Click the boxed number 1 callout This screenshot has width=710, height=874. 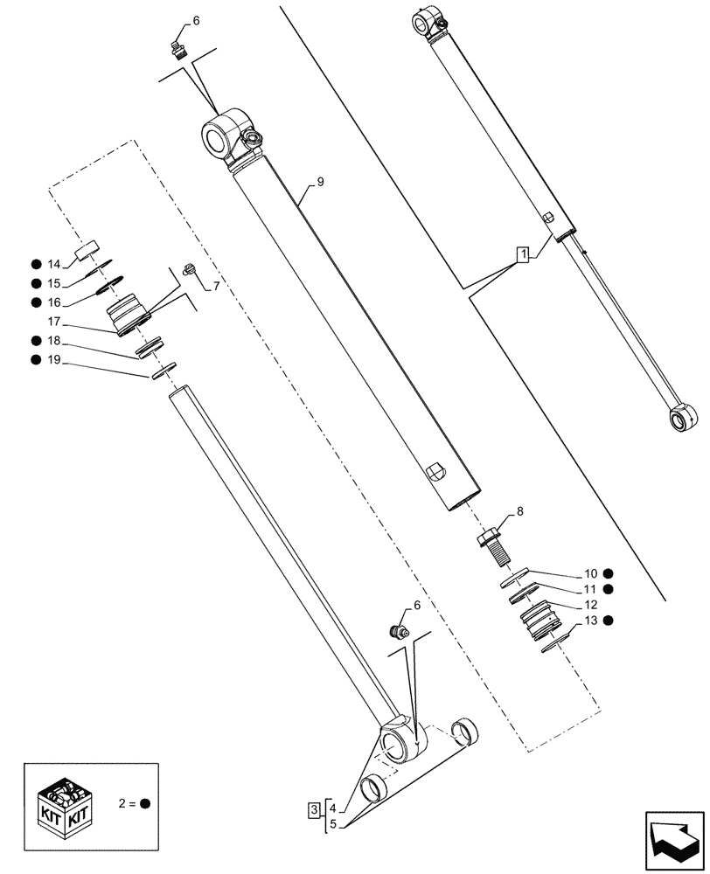coord(522,255)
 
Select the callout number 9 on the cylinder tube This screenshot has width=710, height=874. coord(320,182)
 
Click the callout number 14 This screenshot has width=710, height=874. coord(53,264)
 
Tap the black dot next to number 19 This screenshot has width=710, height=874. coord(35,359)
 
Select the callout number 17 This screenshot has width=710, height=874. coord(53,322)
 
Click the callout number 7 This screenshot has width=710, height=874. coord(216,285)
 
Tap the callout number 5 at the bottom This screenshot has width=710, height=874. coord(331,824)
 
